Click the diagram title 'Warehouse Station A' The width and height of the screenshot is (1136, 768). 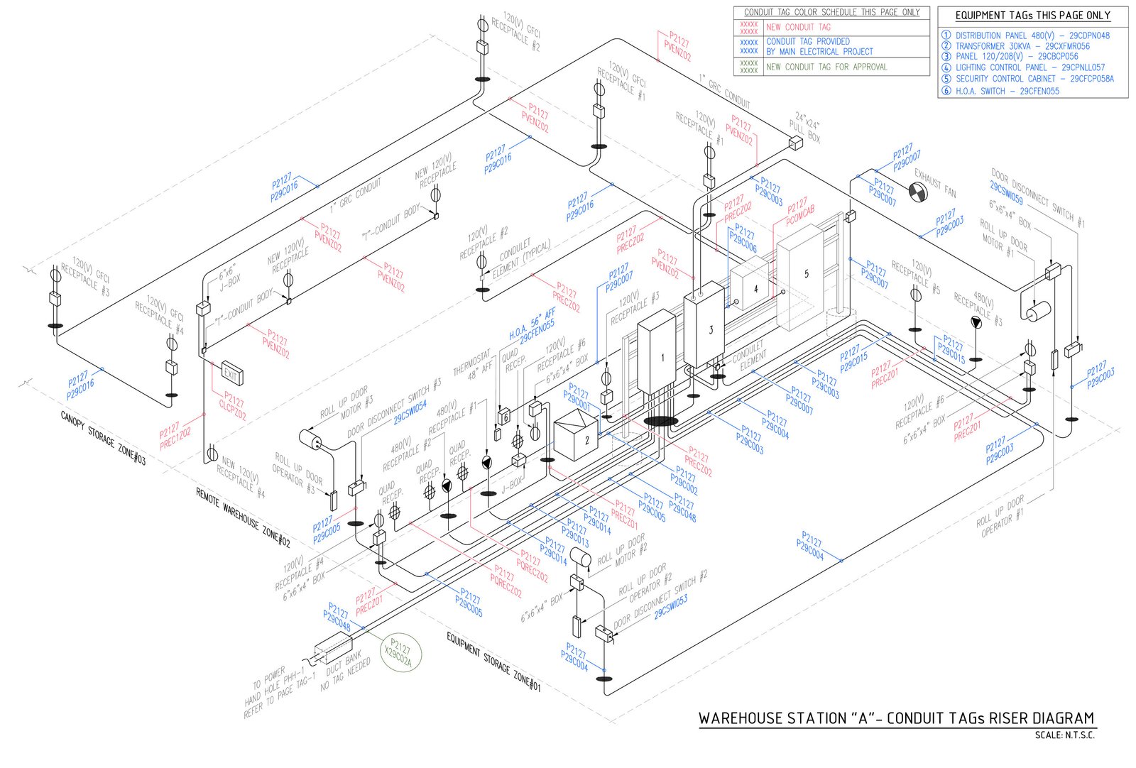[x=896, y=718]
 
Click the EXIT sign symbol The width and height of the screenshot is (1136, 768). [x=231, y=373]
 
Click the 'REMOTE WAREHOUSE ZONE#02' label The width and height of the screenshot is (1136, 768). [x=243, y=517]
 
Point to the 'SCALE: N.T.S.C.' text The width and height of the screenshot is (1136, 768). [x=1064, y=735]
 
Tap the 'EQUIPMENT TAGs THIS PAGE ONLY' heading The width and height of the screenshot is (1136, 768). [x=1032, y=16]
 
